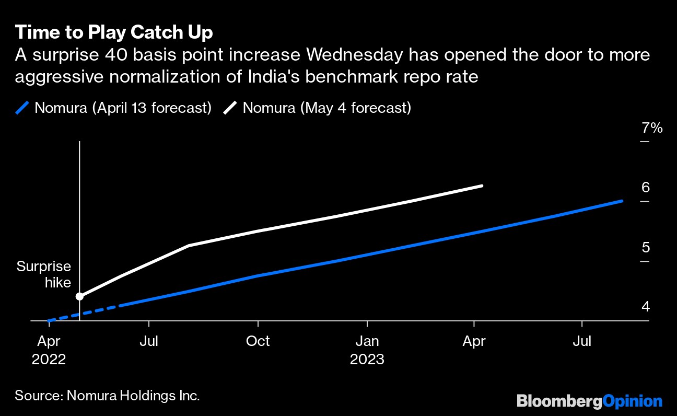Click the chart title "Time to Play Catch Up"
tap(114, 32)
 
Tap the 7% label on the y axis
tap(652, 128)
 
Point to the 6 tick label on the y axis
tap(646, 188)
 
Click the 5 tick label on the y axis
tap(646, 247)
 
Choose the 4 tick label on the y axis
tap(646, 307)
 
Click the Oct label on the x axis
tap(258, 341)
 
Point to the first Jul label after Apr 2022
tap(149, 341)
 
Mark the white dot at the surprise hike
tap(79, 296)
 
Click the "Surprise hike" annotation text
tap(44, 274)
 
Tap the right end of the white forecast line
tap(481, 186)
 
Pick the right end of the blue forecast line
tap(622, 201)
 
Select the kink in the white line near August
tap(189, 245)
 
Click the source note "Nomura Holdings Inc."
tap(133, 395)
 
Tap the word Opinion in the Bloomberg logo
tap(633, 401)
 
